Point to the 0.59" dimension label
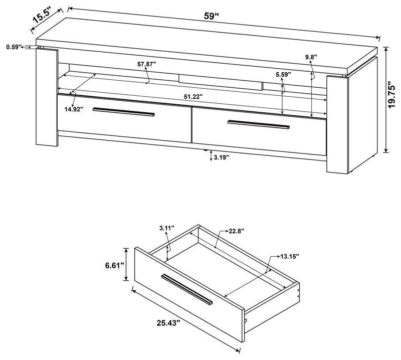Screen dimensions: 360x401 pos(14,47)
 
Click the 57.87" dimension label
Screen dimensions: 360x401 pos(147,64)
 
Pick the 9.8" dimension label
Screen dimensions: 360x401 pos(311,58)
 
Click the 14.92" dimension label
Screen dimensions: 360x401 pos(68,108)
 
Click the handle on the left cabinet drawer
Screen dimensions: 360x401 pos(123,112)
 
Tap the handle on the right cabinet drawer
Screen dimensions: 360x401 pos(258,124)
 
